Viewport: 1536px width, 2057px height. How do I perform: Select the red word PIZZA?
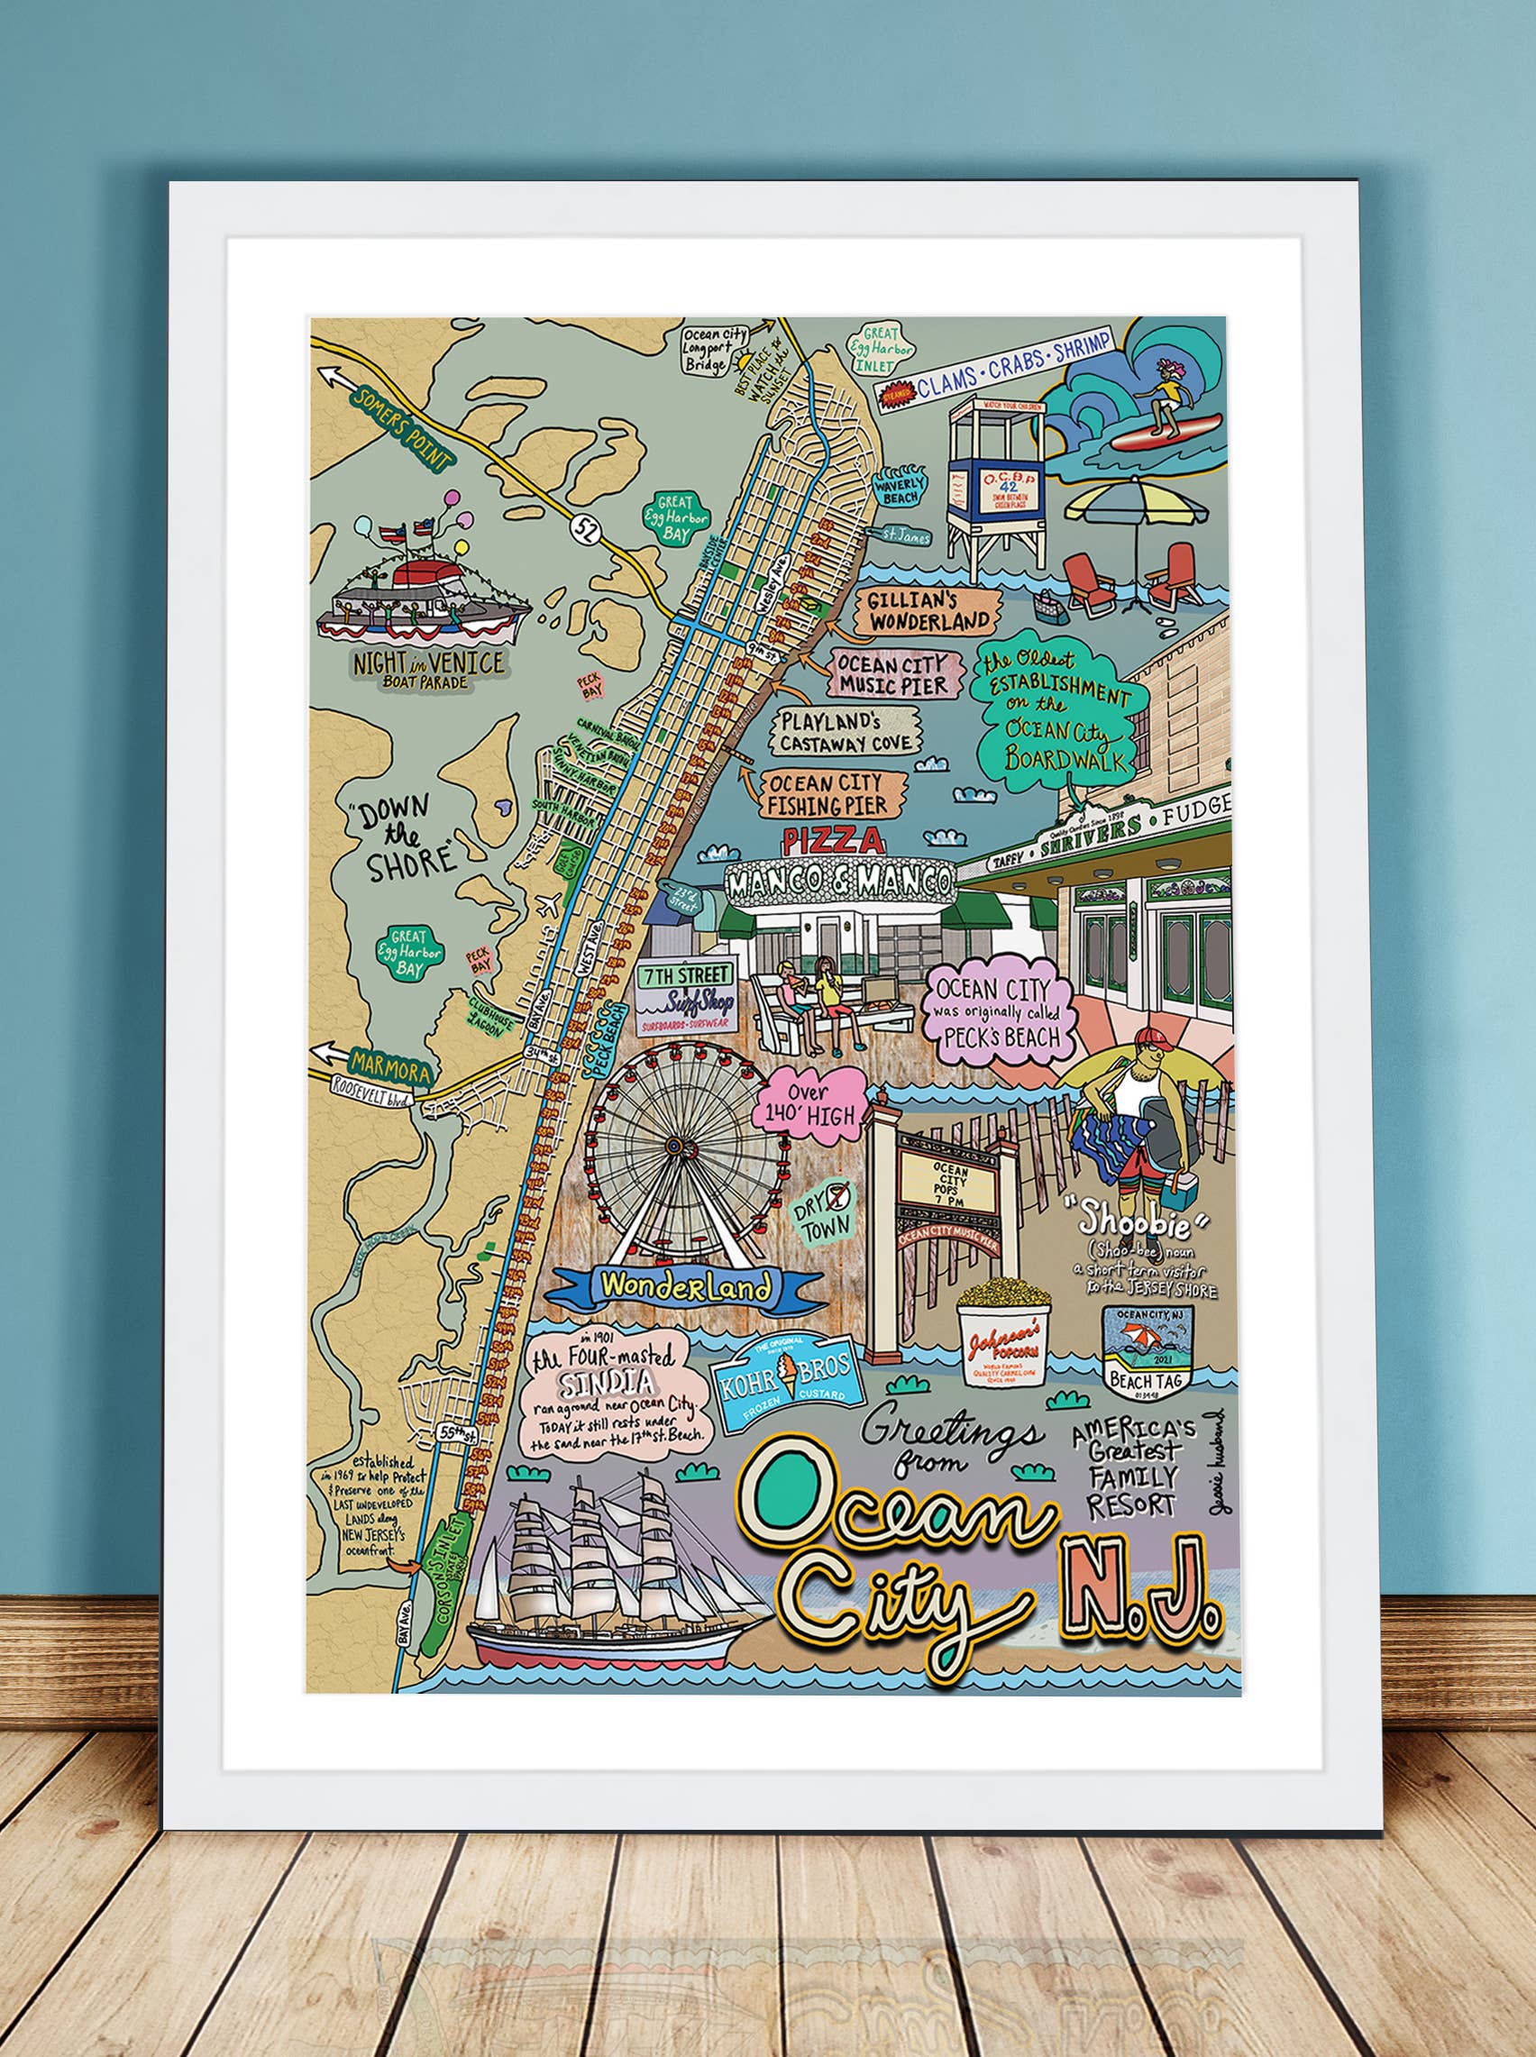[x=831, y=842]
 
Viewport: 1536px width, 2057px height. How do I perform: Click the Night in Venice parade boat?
[x=424, y=596]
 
